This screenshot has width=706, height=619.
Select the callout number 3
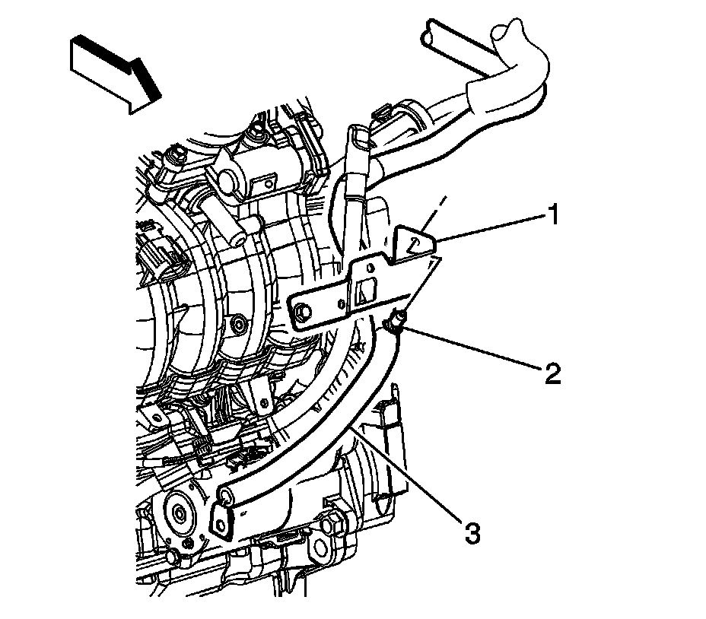point(472,533)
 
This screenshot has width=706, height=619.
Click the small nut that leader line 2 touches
point(396,325)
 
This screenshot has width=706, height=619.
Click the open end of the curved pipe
point(225,498)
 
